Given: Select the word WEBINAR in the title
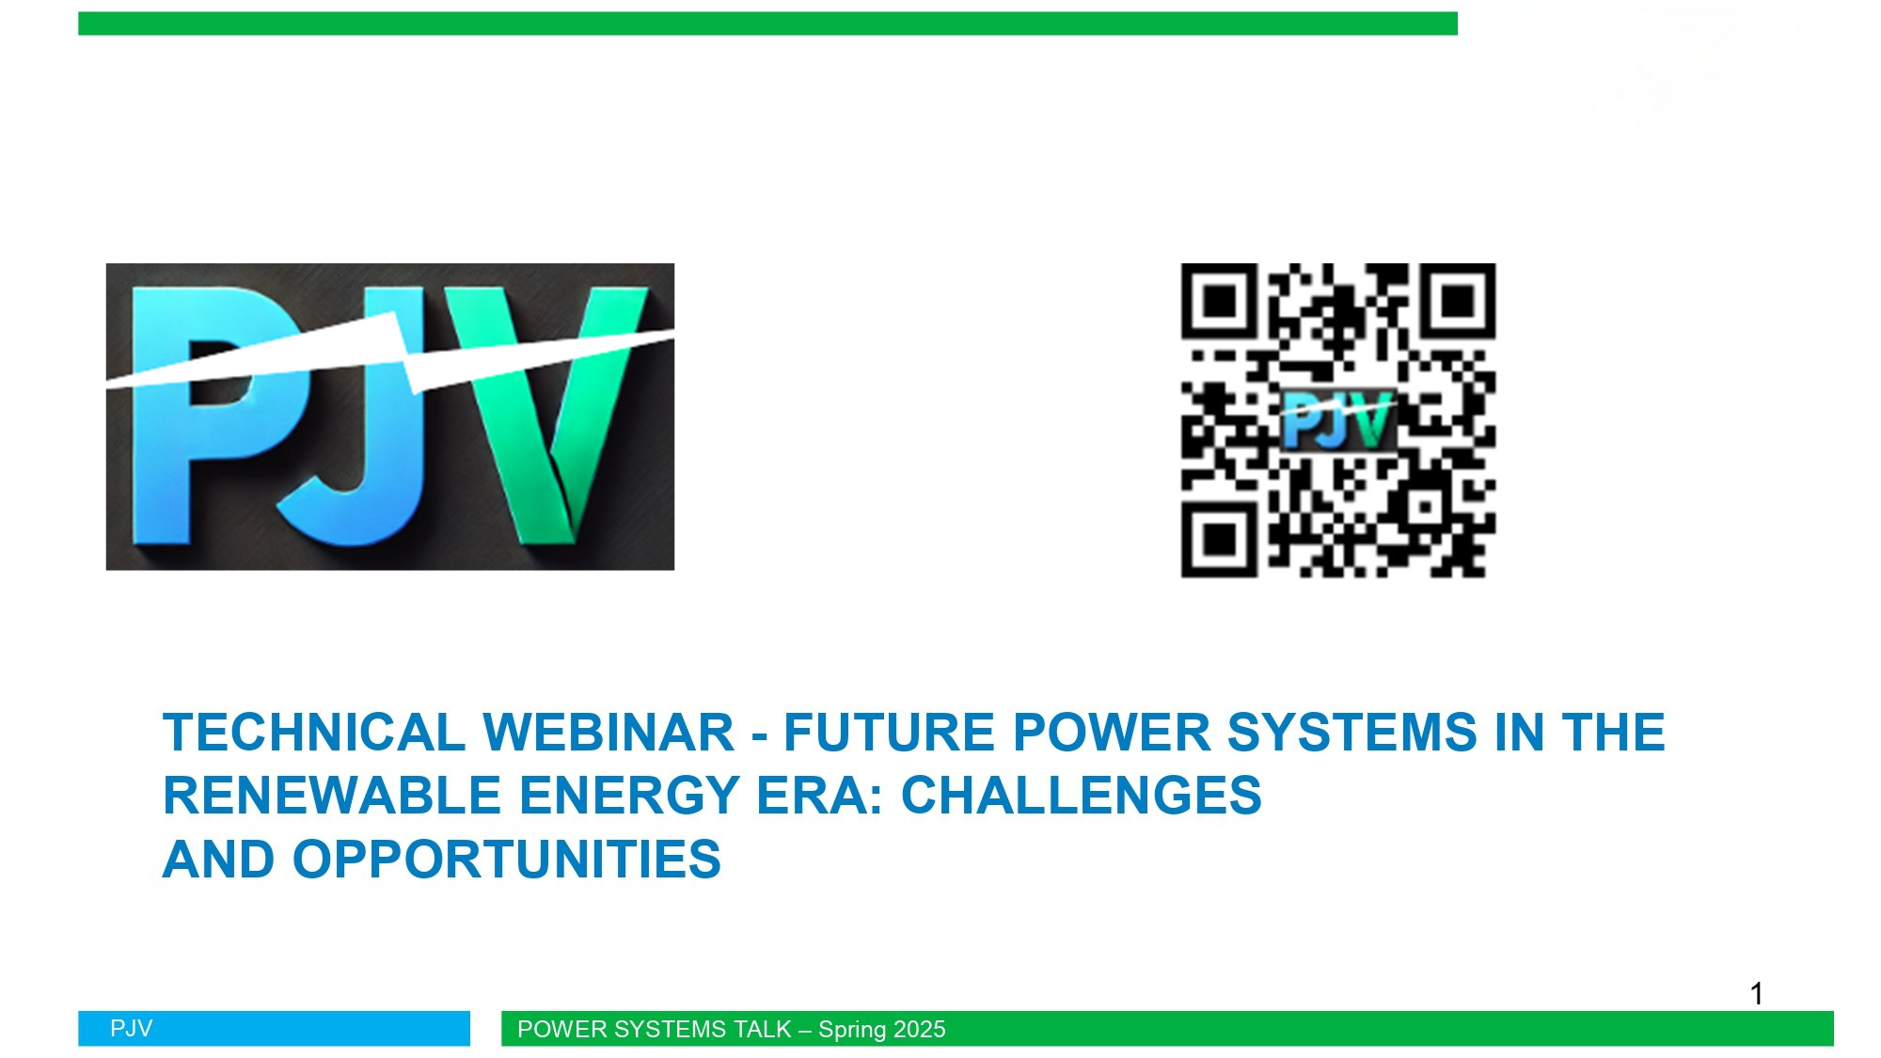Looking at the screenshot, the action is point(608,733).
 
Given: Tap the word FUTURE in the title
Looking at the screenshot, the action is point(889,733).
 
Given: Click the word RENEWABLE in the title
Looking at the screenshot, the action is point(332,796).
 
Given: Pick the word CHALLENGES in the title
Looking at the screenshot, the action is point(1082,796).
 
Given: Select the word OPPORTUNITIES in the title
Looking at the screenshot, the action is point(507,860).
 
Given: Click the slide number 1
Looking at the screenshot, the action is point(1756,994).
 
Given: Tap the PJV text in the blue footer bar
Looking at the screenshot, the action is point(131,1029).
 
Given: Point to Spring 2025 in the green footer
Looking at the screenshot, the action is point(881,1030).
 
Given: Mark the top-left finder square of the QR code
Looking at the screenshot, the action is point(1220,301).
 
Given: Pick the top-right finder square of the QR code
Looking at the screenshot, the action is point(1458,301).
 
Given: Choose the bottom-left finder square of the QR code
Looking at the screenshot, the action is point(1220,539).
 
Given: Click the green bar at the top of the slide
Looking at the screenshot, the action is point(767,24).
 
